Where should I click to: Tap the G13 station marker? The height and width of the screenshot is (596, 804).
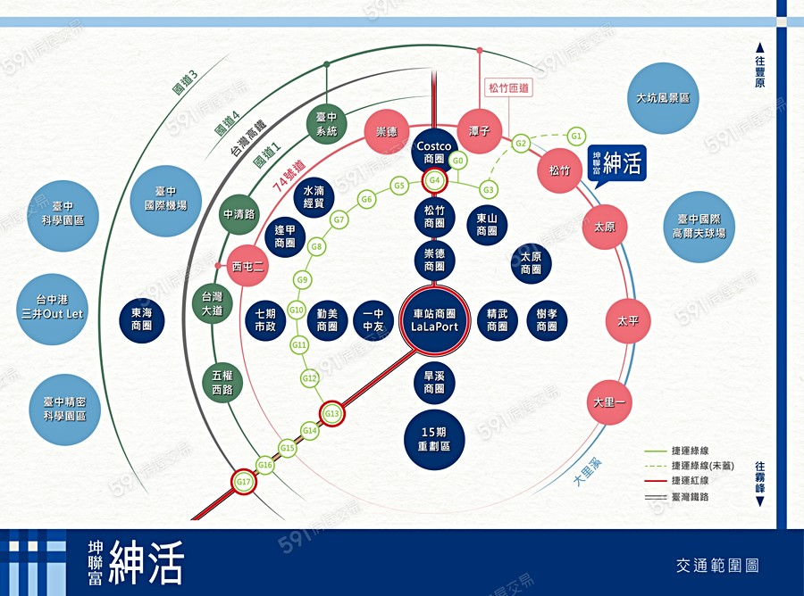coord(332,413)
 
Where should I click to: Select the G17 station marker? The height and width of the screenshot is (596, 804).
coord(244,482)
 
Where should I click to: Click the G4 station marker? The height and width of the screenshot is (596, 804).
coord(435,181)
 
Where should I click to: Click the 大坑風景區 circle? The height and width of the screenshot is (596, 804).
coord(663,98)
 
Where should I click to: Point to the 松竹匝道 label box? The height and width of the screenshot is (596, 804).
coord(508,88)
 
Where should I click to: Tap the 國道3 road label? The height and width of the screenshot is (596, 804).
coord(185,81)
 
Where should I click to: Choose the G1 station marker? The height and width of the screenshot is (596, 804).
coord(576,137)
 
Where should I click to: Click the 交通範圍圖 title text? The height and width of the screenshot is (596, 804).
coord(717,565)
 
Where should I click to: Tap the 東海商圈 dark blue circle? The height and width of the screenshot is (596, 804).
coord(141,319)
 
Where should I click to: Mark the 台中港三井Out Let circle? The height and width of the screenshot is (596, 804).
coord(52,309)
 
